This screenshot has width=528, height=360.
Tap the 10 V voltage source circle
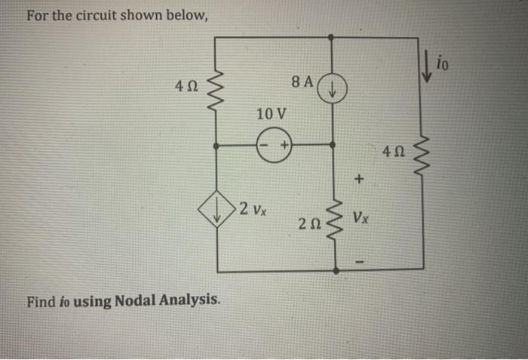(x=274, y=143)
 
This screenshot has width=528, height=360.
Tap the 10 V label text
(x=272, y=115)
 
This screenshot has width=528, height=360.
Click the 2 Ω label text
(x=308, y=223)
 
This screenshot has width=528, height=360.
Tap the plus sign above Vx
(x=359, y=180)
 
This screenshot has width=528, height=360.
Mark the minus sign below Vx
(x=359, y=262)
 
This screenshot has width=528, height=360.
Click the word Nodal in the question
(x=137, y=303)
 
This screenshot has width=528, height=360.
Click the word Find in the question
(x=41, y=303)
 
